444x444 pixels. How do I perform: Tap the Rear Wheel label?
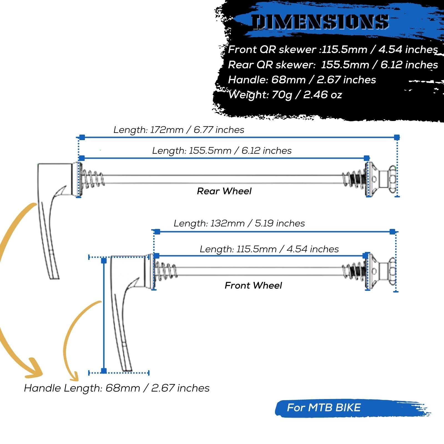point(224,191)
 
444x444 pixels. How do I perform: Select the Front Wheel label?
point(253,285)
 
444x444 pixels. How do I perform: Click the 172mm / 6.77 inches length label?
point(179,130)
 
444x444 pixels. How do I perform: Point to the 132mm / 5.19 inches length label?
point(239,223)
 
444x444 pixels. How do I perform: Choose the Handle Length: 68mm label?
point(117,388)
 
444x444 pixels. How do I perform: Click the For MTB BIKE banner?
point(324,408)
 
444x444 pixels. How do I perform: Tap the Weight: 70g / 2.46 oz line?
point(285,95)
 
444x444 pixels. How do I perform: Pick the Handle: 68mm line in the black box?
point(302,80)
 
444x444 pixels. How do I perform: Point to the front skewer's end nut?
point(392,271)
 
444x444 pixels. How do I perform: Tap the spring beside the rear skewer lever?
point(92,179)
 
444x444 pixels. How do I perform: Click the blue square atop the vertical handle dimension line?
point(104,261)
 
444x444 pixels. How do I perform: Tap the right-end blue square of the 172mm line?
point(397,137)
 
